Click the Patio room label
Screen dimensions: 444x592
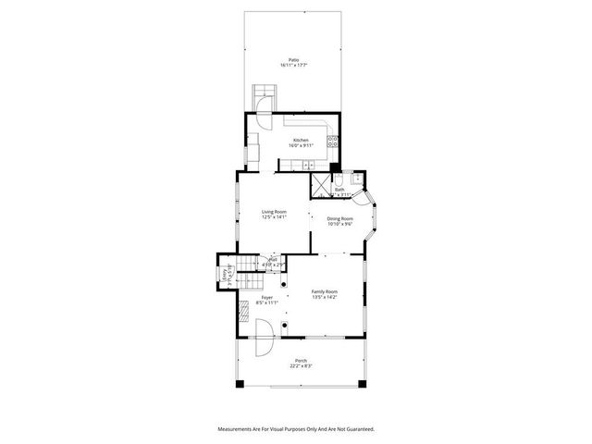click(293, 62)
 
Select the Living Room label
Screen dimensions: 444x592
click(274, 215)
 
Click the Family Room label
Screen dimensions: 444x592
click(324, 293)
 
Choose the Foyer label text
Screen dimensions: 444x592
click(266, 300)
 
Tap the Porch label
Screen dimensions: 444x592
click(301, 363)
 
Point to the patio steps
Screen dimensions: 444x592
click(265, 95)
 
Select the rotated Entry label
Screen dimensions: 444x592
click(225, 274)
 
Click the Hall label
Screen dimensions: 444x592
click(274, 262)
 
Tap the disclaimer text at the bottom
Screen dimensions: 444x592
click(296, 429)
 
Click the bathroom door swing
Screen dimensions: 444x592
click(363, 197)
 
